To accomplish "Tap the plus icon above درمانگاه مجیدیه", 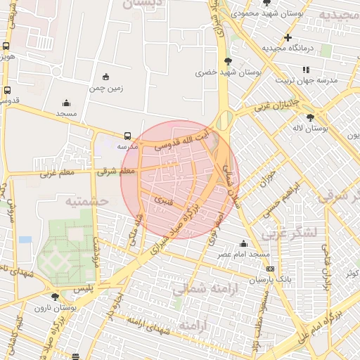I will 288,37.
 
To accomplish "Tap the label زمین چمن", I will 106,89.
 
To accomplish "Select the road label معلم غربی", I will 57,172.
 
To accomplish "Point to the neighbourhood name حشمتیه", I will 86,200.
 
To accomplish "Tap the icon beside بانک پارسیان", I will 270,269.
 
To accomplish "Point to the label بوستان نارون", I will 79,307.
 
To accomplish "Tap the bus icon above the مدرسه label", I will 127,136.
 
